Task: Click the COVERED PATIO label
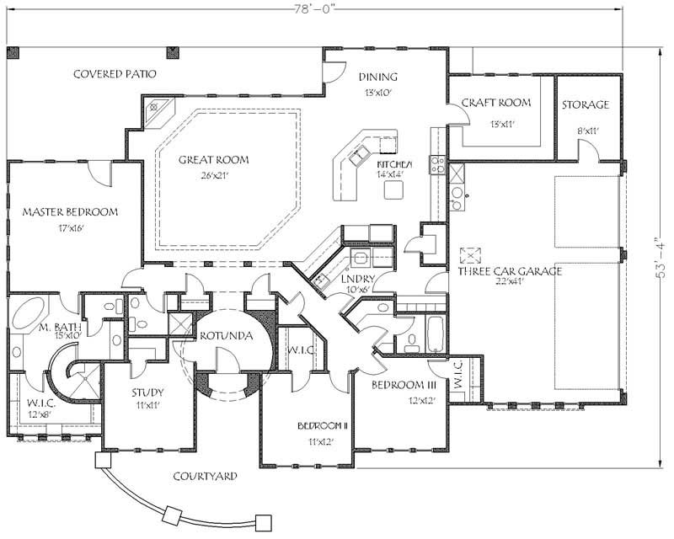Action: tap(115, 74)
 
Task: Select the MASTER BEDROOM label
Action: tap(70, 211)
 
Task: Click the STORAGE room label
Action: tap(586, 104)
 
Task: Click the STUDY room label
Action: tap(147, 392)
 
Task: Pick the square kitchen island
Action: tap(393, 190)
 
